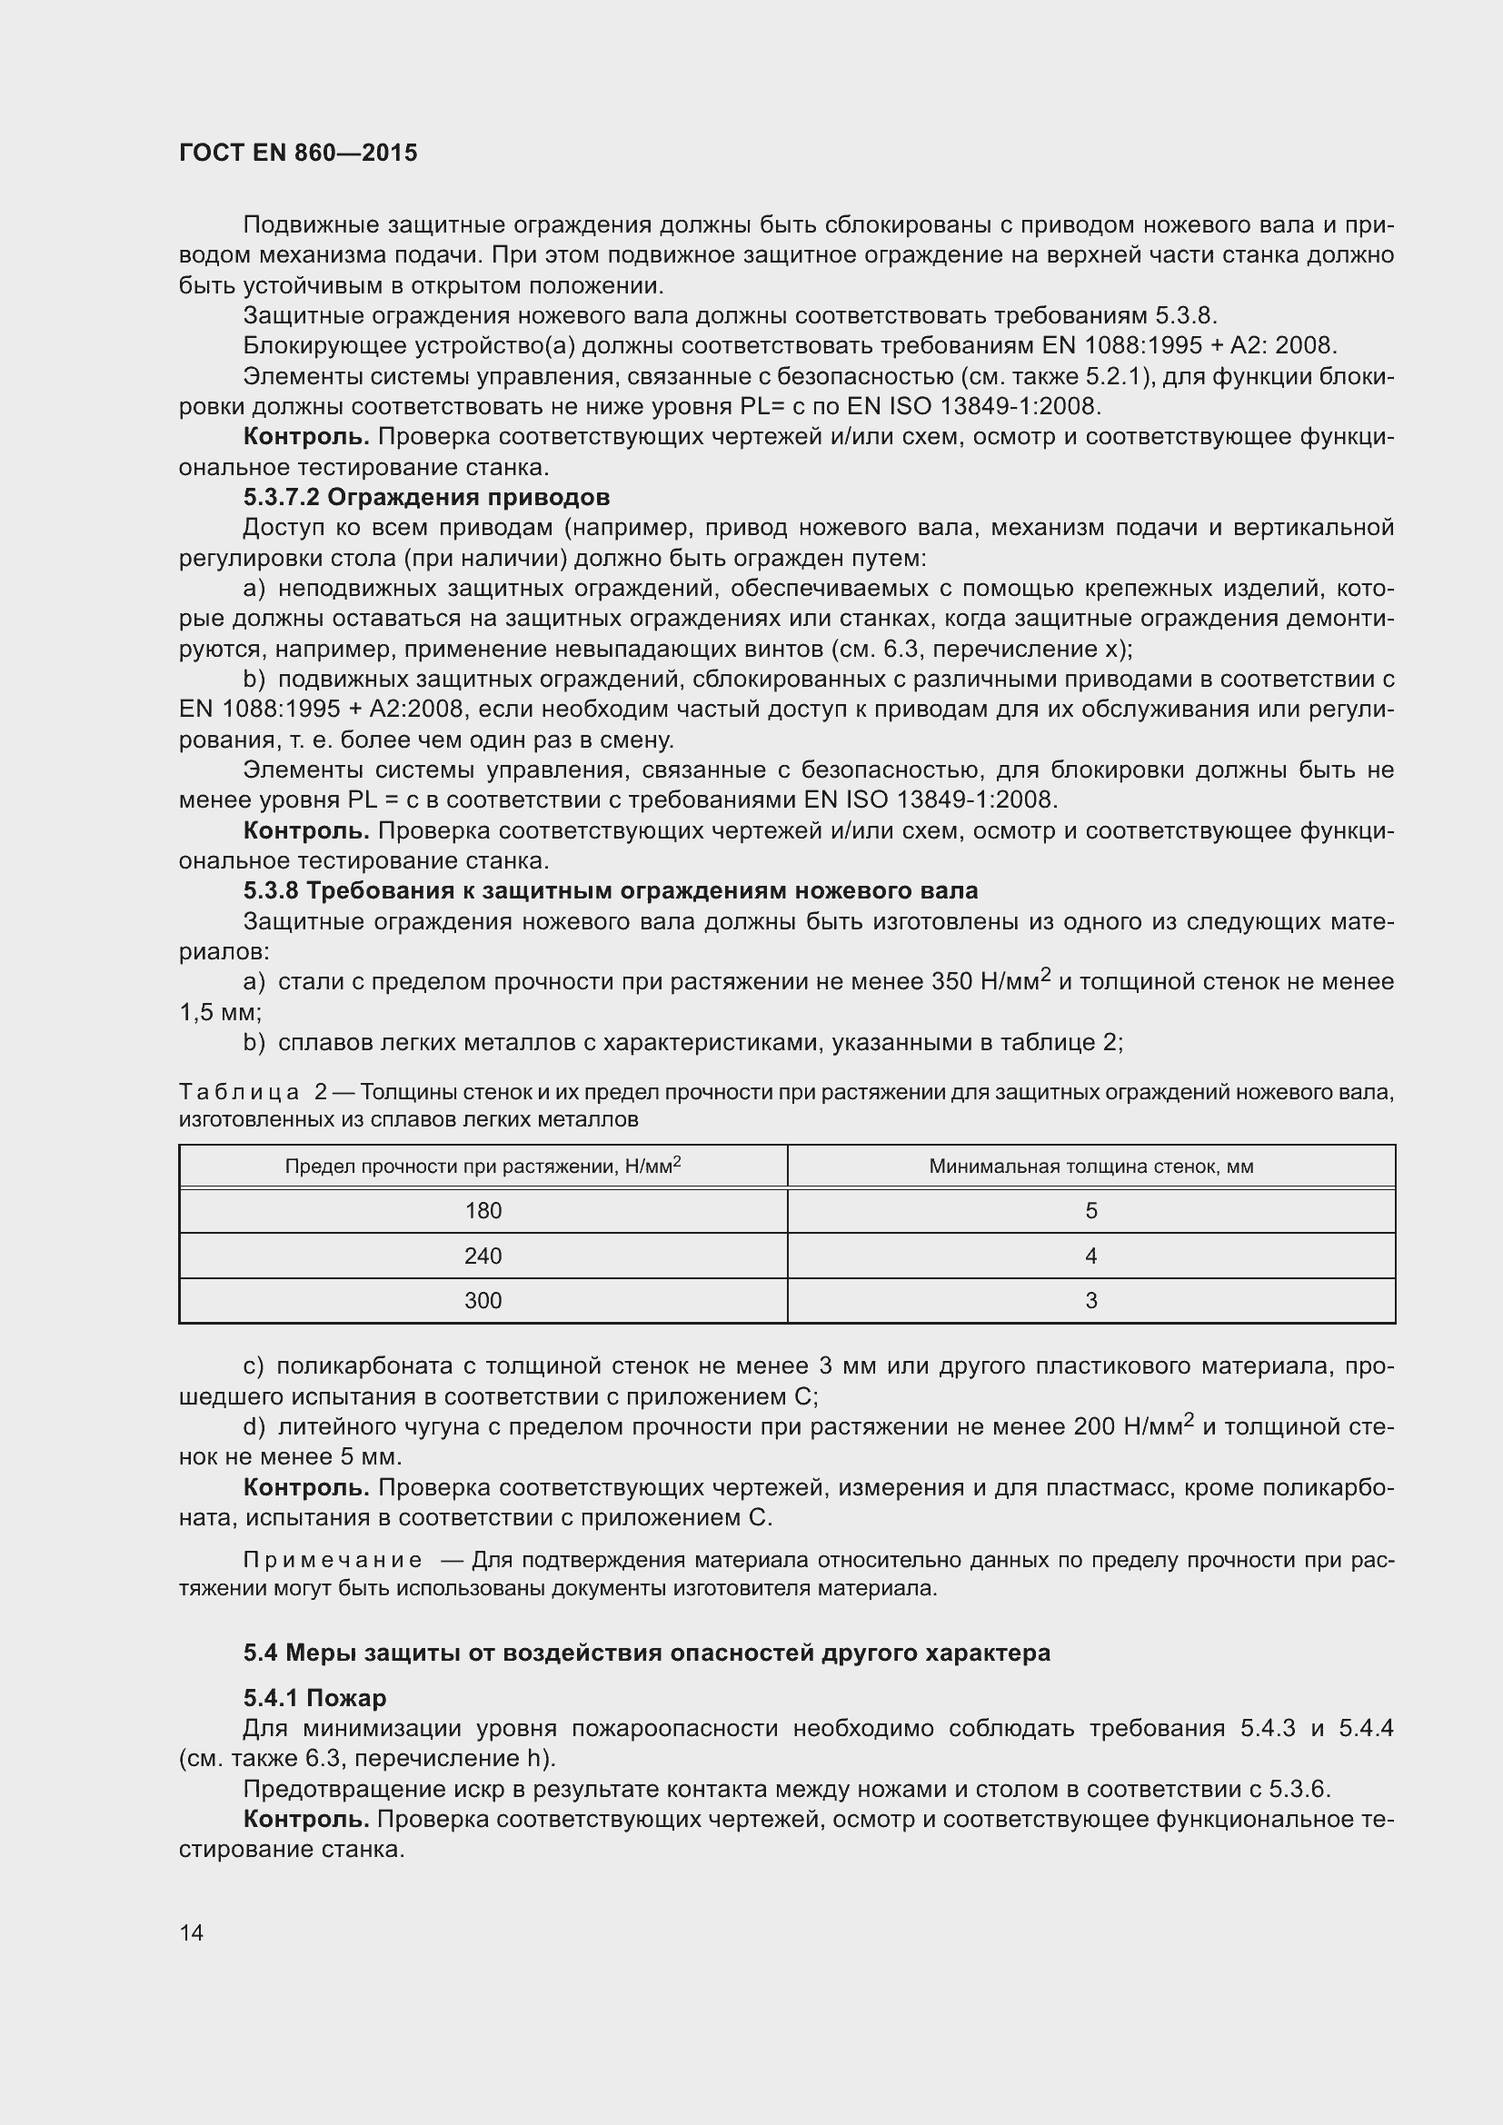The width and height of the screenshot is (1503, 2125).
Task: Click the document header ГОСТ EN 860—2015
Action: tap(298, 153)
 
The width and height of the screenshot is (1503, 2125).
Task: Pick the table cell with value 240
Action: tap(483, 1256)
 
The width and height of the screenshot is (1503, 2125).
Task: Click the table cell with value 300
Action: tap(483, 1300)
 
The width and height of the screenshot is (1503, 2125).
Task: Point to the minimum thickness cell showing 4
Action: tap(1090, 1256)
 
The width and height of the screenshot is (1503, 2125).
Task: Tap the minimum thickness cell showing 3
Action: tap(1090, 1300)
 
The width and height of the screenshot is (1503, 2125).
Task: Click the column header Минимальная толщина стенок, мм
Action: tap(1090, 1167)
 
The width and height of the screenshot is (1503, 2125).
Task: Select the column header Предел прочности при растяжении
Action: tap(483, 1167)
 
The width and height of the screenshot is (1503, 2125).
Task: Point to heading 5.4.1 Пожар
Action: tap(314, 1697)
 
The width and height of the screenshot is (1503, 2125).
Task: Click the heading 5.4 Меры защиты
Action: tap(646, 1652)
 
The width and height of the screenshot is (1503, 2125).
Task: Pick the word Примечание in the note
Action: tap(332, 1560)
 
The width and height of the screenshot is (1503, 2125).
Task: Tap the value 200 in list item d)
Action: tap(1094, 1426)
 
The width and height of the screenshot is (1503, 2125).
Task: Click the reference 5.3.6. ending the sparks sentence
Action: tap(1299, 1789)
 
